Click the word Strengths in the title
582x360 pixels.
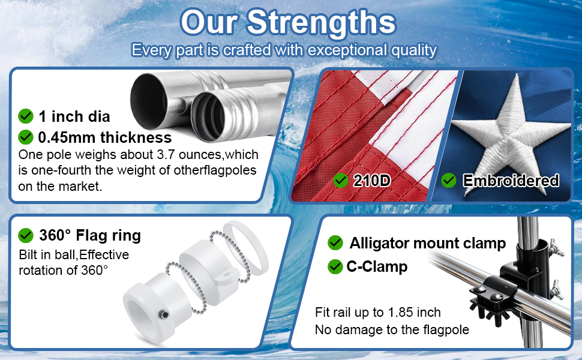pos(322,22)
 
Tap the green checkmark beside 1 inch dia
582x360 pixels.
pos(26,116)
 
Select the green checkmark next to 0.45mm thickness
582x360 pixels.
pos(26,137)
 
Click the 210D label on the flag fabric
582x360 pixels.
pos(371,181)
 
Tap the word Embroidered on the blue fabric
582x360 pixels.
pos(511,181)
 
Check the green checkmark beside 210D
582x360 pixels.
pos(340,181)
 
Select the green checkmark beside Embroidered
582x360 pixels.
pos(449,181)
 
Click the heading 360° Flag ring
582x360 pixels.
pos(90,235)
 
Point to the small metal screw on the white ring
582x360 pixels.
pos(163,315)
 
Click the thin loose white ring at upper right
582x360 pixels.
pos(246,246)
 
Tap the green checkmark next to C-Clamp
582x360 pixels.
pos(335,266)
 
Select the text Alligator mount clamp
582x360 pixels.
pos(428,244)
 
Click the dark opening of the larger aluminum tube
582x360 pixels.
pos(148,101)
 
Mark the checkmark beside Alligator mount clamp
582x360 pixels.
pos(335,243)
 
